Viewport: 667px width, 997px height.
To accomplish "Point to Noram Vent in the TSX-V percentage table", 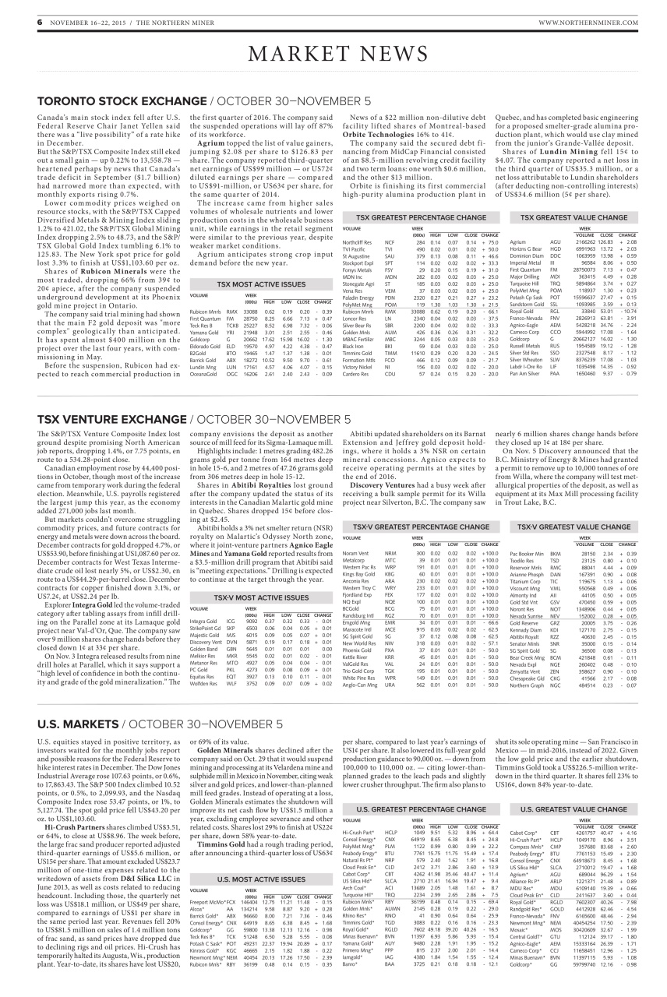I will coord(355,530).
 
